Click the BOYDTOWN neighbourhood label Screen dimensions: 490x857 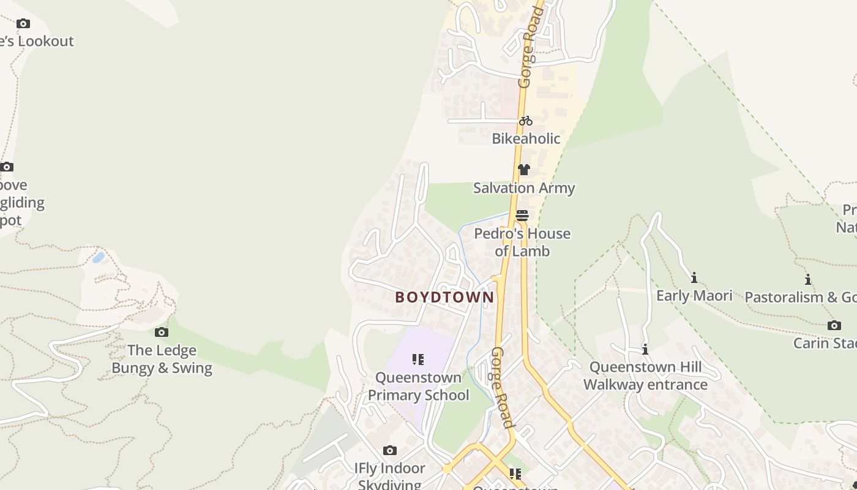(x=444, y=298)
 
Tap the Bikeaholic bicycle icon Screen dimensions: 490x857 (x=525, y=121)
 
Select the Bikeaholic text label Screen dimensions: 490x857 (x=526, y=138)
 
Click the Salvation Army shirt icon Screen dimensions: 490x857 (x=523, y=170)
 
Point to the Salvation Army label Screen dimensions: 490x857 (x=524, y=188)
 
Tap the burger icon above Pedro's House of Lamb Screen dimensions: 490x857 (x=522, y=215)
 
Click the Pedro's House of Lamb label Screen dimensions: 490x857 (x=522, y=243)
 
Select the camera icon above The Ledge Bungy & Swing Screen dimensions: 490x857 (x=162, y=332)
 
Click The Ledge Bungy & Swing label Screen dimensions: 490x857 (x=162, y=359)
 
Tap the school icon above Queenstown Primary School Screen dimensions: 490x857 (x=418, y=360)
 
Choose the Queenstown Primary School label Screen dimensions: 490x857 (x=418, y=386)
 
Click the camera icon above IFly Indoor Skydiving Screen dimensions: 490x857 (x=390, y=451)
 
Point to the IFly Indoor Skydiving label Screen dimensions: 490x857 (x=390, y=476)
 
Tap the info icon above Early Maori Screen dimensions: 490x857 (x=694, y=278)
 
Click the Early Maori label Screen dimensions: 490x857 (x=694, y=296)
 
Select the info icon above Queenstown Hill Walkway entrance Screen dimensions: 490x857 (x=645, y=350)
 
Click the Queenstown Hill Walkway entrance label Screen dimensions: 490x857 (x=645, y=376)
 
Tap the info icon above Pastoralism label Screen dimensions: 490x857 (x=808, y=280)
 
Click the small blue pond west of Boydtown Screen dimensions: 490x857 (x=98, y=257)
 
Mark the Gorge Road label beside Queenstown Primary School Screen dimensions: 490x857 (x=502, y=387)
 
